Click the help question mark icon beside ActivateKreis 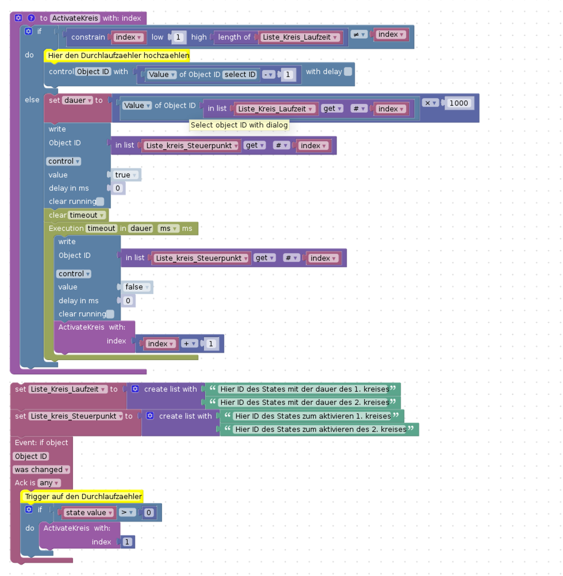pos(31,18)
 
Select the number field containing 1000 pos(459,103)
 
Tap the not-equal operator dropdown pos(359,34)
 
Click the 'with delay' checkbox pos(348,71)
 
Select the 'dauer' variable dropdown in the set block pos(78,100)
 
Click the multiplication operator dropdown pos(431,103)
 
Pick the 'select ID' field pos(240,74)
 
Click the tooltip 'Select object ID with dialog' pos(239,125)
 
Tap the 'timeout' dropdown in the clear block pos(87,215)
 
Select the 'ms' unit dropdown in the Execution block pos(168,229)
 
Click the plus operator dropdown pos(189,344)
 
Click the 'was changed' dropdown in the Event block pos(41,469)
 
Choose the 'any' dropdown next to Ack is pos(49,483)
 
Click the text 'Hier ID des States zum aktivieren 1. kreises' pos(313,416)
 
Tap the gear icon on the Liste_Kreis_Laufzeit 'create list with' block pos(135,389)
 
